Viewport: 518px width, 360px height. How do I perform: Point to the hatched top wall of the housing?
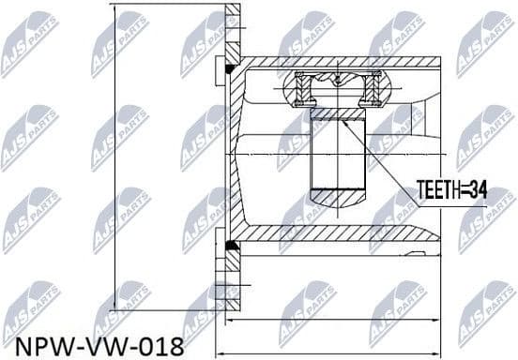click(x=338, y=63)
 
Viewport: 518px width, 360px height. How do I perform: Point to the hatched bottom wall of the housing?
click(x=338, y=233)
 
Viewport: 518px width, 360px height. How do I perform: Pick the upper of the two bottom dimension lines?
click(x=328, y=322)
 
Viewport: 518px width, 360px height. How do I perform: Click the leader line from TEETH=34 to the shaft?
click(x=380, y=156)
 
